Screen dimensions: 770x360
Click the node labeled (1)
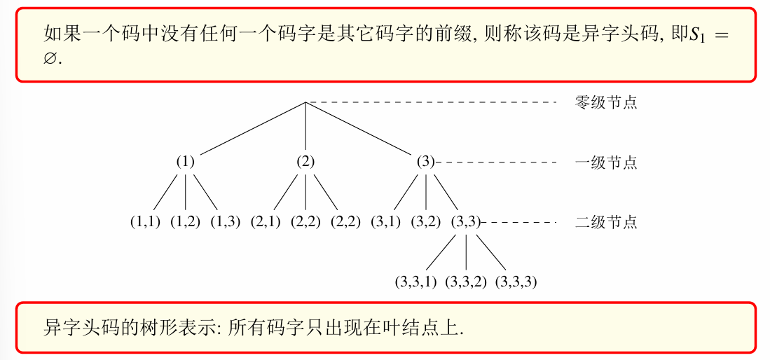tap(185, 162)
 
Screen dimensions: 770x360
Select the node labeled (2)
tap(305, 162)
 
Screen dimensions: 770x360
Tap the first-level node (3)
tap(425, 162)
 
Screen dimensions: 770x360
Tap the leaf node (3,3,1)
tap(416, 282)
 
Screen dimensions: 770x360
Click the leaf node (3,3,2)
tap(465, 282)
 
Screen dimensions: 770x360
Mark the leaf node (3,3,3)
tap(516, 282)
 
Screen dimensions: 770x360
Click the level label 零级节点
tap(606, 103)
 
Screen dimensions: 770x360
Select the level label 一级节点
tap(606, 162)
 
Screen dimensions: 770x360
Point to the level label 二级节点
tap(606, 222)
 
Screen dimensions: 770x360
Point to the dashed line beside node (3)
tap(495, 162)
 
